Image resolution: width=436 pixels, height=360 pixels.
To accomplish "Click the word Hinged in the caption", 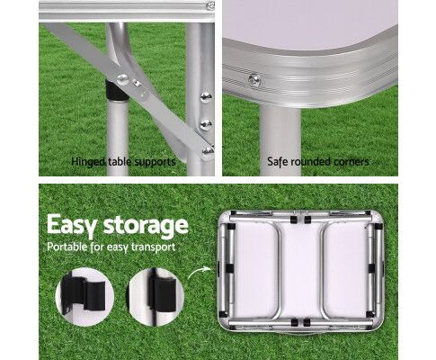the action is pyautogui.click(x=88, y=162).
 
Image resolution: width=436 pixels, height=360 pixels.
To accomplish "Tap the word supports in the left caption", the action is pyautogui.click(x=155, y=162).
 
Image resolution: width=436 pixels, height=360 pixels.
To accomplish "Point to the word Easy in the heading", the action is pyautogui.click(x=72, y=225).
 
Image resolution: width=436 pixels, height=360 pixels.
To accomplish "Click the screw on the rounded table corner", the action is pyautogui.click(x=254, y=79).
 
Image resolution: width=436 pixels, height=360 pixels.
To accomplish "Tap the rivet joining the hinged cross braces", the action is pyautogui.click(x=123, y=79).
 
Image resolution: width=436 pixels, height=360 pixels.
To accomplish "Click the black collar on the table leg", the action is pyautogui.click(x=116, y=90).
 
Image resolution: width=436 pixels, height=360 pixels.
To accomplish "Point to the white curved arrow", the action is pyautogui.click(x=200, y=272).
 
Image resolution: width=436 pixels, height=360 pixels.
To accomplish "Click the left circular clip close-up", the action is pyautogui.click(x=85, y=297).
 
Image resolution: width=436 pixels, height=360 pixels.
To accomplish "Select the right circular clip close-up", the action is pyautogui.click(x=156, y=297).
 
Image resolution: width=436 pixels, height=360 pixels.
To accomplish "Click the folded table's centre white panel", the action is pyautogui.click(x=301, y=270).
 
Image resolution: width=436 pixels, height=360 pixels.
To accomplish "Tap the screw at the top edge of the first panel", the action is pyautogui.click(x=210, y=5).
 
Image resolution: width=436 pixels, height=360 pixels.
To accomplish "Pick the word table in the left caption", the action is pyautogui.click(x=120, y=162).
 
